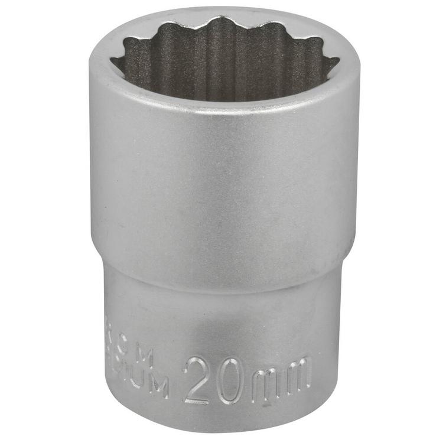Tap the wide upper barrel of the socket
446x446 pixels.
224,189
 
